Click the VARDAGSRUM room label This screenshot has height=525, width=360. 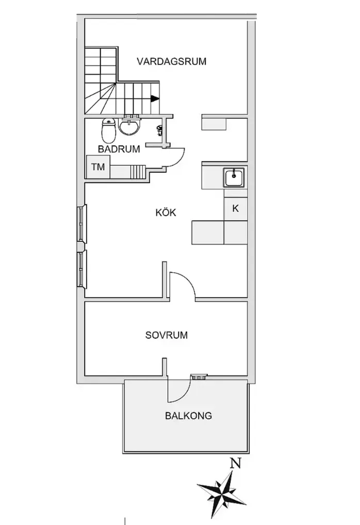(x=171, y=61)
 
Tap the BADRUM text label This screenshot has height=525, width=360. (x=119, y=150)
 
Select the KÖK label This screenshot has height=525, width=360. (x=166, y=212)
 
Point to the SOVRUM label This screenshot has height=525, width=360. (x=166, y=335)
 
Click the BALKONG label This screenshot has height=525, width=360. (x=188, y=416)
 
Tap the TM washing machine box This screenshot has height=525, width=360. (x=97, y=167)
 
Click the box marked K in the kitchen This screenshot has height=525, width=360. (x=235, y=209)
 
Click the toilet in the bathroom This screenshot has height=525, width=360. (x=108, y=130)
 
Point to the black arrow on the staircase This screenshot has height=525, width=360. (x=154, y=99)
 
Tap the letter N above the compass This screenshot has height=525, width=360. (x=236, y=464)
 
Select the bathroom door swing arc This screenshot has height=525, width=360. (x=177, y=157)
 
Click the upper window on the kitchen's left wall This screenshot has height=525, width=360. (x=82, y=223)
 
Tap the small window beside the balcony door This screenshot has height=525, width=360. (x=199, y=376)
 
